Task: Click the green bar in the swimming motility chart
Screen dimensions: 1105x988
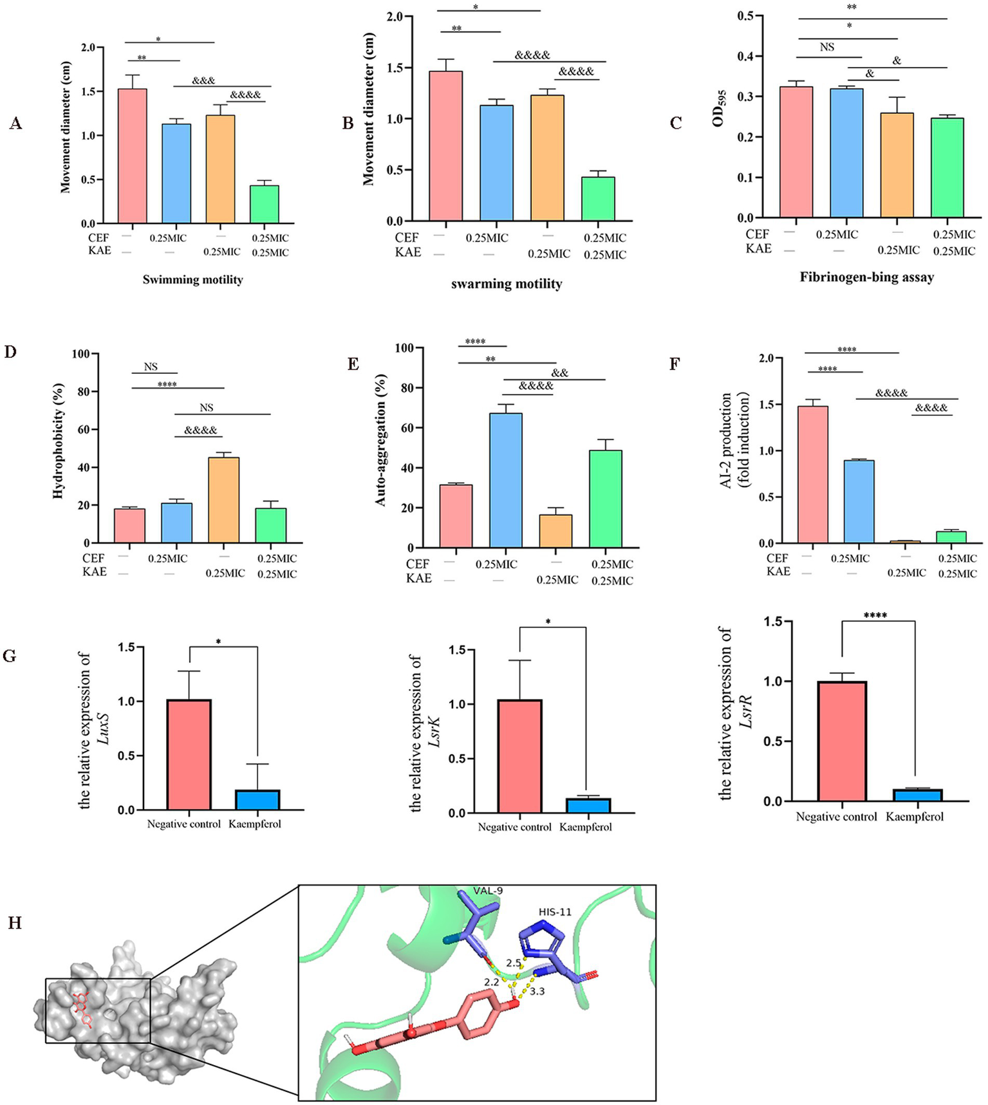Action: [265, 205]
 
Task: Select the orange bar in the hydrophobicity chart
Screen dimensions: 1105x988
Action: [223, 500]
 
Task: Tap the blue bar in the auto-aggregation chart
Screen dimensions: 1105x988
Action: [505, 480]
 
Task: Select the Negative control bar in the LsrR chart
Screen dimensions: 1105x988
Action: [842, 741]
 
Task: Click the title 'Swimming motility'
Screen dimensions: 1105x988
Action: [192, 279]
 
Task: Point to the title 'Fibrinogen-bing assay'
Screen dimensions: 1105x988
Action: [866, 277]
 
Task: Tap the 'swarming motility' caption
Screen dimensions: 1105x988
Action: [506, 284]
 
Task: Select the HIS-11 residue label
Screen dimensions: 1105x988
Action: [555, 911]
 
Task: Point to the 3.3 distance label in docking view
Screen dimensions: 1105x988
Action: [537, 991]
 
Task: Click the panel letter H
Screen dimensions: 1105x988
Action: [14, 924]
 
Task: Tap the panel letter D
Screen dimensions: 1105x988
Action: [10, 352]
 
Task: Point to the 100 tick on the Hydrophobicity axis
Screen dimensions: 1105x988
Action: [80, 354]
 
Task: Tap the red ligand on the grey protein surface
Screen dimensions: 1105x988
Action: [82, 1008]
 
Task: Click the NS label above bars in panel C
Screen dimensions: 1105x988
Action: [827, 47]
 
